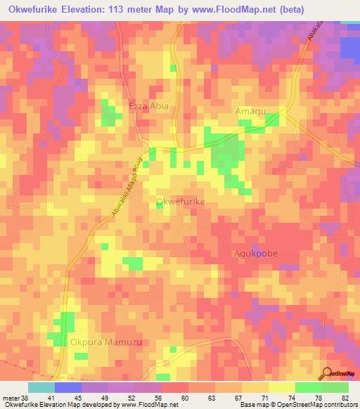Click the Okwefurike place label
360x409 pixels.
(x=180, y=202)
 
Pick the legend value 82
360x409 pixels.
(x=344, y=398)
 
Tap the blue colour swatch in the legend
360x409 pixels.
(x=67, y=387)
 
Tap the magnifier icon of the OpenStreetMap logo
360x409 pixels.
(x=327, y=372)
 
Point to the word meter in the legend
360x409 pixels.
(x=9, y=398)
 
